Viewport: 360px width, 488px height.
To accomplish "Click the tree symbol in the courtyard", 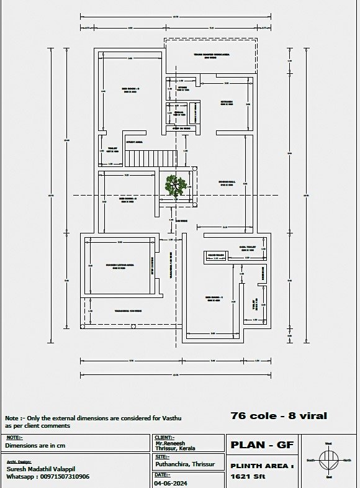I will [176, 185].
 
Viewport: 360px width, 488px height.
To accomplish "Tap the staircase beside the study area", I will [151, 158].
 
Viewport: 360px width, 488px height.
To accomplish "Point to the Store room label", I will [182, 88].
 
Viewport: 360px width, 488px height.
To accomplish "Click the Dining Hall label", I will [227, 182].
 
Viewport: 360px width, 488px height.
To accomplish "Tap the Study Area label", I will [135, 142].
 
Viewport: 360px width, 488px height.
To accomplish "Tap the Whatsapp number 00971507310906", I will [48, 477].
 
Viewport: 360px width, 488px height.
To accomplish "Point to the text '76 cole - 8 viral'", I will [279, 415].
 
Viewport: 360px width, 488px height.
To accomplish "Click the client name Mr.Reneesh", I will [171, 443].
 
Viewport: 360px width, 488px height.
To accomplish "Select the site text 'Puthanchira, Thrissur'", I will [184, 464].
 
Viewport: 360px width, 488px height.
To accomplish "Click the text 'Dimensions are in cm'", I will [35, 445].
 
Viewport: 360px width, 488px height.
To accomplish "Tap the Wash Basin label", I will [215, 255].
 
